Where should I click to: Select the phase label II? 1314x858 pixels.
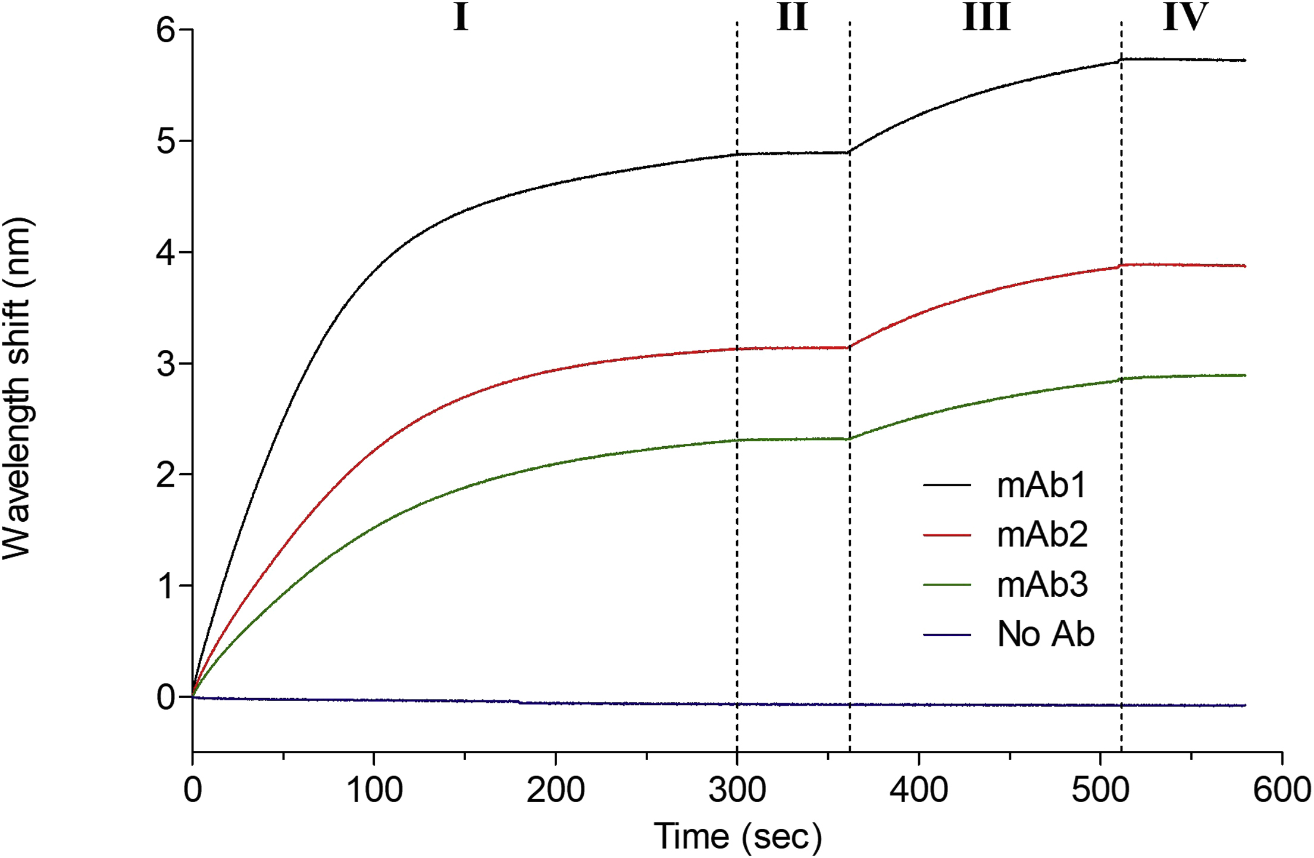(792, 17)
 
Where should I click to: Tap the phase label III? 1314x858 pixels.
(987, 17)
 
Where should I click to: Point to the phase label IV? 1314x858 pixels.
(1185, 17)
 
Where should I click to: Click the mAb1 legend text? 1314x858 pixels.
(1041, 485)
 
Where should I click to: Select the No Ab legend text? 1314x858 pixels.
(1046, 634)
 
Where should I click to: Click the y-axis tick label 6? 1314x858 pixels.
(166, 30)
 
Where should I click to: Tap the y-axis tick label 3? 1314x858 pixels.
(166, 363)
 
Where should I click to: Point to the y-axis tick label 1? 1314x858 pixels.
(166, 586)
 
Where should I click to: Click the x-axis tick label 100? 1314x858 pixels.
(374, 790)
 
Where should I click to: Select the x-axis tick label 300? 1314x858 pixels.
(737, 790)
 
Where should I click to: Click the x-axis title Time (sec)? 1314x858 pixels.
(738, 836)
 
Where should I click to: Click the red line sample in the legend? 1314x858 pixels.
(947, 535)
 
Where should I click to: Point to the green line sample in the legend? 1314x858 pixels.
(947, 585)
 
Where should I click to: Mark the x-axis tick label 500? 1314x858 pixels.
(1100, 790)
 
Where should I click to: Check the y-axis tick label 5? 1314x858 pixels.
(166, 141)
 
